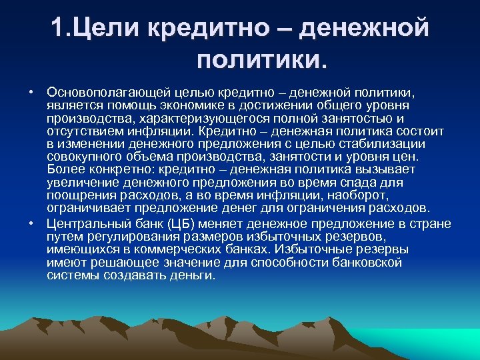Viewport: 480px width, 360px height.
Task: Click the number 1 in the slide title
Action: coord(57,29)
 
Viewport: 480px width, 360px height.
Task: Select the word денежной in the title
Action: coord(363,29)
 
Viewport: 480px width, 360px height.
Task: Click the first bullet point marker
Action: coord(31,90)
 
